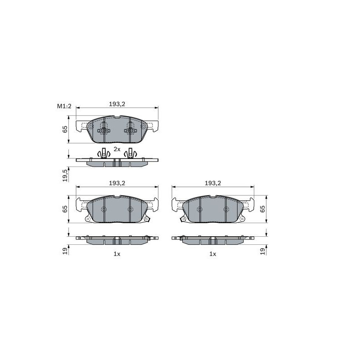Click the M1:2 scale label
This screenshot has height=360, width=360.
(64, 106)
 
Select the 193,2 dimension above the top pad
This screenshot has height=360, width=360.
(117, 104)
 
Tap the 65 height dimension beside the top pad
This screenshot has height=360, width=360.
(65, 129)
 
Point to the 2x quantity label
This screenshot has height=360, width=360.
(117, 149)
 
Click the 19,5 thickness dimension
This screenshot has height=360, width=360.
(65, 175)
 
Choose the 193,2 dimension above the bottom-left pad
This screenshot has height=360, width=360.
(117, 183)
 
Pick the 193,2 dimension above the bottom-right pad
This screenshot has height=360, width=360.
(213, 183)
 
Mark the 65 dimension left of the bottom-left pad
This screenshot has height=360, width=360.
(65, 209)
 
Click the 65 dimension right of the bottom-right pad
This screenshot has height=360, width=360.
(262, 209)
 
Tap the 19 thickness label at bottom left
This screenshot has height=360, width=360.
(65, 251)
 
